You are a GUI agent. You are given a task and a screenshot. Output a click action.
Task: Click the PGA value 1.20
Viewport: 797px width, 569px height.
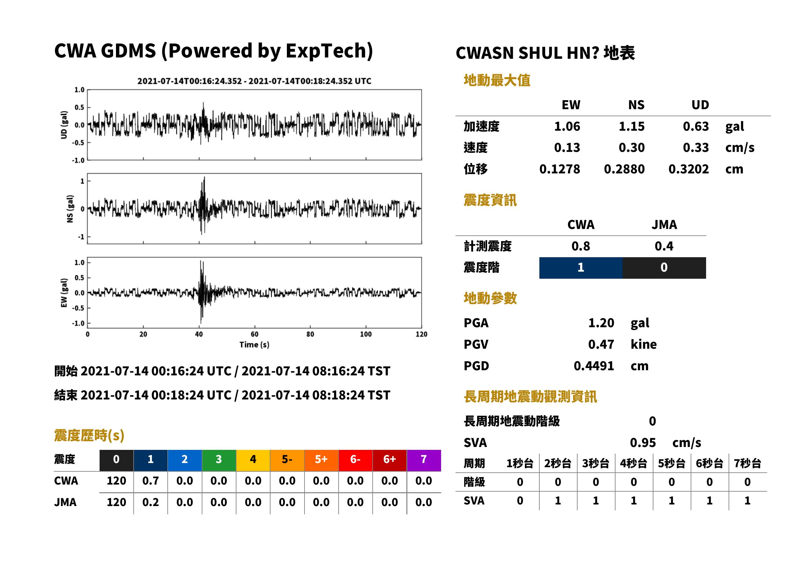[601, 323]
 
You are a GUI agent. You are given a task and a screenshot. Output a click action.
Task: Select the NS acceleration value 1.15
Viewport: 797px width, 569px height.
[631, 126]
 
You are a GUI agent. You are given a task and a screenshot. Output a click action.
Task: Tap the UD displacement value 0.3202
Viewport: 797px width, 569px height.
[688, 169]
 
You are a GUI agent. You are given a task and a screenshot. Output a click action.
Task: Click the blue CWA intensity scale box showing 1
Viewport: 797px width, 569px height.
[581, 268]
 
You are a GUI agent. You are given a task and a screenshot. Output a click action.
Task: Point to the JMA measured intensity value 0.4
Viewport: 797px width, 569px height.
[664, 246]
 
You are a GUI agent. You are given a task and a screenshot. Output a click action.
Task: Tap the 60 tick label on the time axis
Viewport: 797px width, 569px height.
[254, 334]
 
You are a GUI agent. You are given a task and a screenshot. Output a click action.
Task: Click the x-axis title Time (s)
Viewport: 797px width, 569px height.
[254, 345]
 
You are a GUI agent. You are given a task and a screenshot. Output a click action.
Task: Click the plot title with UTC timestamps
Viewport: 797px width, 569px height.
[254, 81]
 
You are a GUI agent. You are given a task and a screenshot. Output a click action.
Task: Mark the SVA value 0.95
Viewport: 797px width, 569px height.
[643, 442]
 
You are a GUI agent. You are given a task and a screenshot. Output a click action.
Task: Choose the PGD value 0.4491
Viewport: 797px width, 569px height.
[594, 366]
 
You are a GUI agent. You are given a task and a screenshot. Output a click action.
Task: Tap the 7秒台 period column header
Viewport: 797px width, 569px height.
[747, 463]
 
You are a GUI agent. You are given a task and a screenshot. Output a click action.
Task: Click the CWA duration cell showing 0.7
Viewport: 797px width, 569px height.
[150, 481]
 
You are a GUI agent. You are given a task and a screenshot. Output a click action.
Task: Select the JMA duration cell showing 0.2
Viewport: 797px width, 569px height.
[150, 502]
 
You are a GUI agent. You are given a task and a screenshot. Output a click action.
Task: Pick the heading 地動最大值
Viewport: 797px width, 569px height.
[497, 80]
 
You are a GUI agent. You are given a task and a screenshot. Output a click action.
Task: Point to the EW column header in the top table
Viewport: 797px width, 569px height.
[571, 105]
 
